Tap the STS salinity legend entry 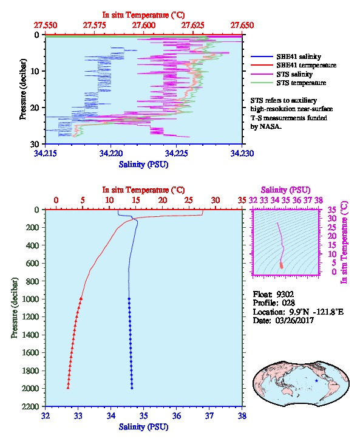coord(294,74)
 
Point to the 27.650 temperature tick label coord(242,26)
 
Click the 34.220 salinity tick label coord(111,153)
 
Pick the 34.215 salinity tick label coord(46,153)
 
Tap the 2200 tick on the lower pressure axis coord(30,406)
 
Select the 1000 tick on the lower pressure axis coord(30,299)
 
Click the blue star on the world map coord(316,380)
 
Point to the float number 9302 coord(285,294)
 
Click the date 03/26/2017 coord(294,320)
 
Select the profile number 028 coord(288,303)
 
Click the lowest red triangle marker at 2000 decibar coord(68,388)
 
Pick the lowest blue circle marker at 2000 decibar coord(132,388)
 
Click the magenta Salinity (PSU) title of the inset coord(285,190)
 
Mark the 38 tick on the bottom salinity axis coord(242,415)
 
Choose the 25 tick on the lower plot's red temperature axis coord(189,200)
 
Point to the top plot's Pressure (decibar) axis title coord(22,89)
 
